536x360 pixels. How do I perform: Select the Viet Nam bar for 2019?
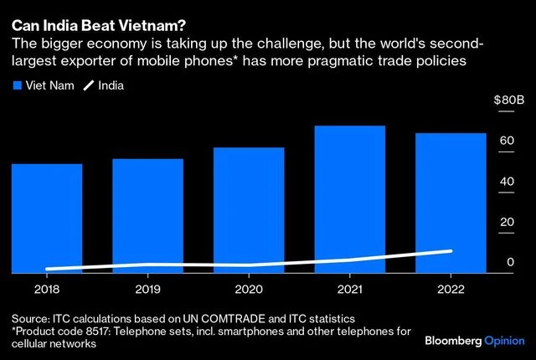147,215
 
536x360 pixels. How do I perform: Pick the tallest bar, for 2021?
350,199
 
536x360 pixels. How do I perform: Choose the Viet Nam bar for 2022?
451,203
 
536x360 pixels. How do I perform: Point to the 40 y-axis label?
507,181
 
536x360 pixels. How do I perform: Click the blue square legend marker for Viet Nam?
17,85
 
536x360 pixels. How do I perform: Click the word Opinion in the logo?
506,342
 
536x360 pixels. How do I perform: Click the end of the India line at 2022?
451,251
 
